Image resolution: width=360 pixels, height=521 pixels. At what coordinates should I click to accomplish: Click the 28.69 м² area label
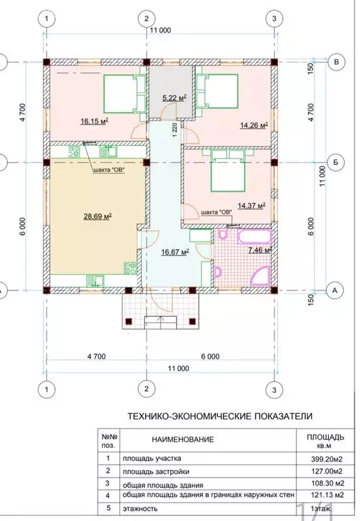click(98, 216)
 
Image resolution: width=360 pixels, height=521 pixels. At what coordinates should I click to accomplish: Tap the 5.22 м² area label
click(174, 98)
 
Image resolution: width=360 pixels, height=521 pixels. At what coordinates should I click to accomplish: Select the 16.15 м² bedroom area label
click(95, 121)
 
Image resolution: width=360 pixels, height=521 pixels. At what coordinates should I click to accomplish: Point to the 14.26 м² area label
click(254, 126)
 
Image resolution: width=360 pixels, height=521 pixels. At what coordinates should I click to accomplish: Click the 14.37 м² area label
click(252, 206)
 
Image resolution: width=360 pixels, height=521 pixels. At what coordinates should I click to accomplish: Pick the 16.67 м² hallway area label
click(175, 252)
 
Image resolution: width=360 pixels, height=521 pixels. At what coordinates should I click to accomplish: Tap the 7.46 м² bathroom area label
click(260, 250)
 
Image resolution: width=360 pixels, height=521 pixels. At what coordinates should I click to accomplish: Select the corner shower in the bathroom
click(262, 276)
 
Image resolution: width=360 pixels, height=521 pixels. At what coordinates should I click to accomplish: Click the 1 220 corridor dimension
click(176, 130)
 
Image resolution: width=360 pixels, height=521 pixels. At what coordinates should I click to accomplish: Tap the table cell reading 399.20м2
click(327, 459)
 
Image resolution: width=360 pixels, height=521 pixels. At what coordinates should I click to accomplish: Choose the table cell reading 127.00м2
click(327, 471)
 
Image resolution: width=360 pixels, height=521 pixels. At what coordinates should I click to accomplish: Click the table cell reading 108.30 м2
click(327, 483)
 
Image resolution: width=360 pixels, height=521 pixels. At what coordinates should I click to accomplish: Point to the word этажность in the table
click(140, 509)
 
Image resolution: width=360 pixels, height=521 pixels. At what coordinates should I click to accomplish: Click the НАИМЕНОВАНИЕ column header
click(183, 440)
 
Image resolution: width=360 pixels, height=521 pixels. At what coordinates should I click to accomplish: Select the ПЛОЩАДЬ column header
click(325, 438)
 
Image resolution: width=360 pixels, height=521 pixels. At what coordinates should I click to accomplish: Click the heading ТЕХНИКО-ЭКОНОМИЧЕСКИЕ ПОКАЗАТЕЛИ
click(220, 417)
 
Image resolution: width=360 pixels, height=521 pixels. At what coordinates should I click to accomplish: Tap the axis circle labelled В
click(336, 62)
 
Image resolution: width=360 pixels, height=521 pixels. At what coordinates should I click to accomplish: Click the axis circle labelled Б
click(336, 163)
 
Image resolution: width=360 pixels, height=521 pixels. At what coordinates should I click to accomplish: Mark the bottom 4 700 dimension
click(96, 357)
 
